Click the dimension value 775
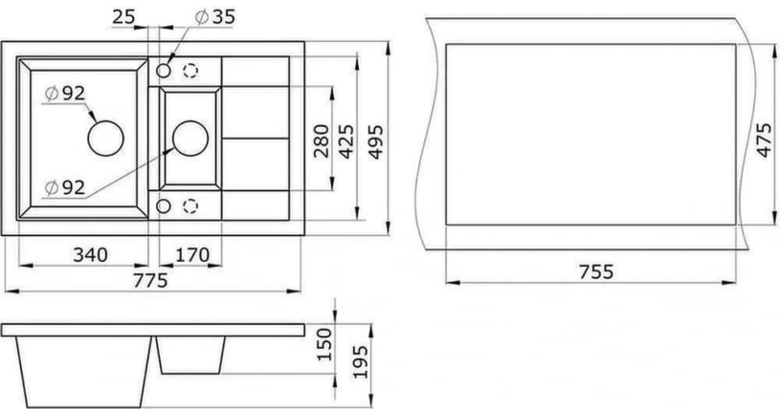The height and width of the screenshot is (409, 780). point(152,280)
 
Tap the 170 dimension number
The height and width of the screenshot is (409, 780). point(191,254)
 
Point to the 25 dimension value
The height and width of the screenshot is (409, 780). point(122,17)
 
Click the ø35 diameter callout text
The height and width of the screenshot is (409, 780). point(215,17)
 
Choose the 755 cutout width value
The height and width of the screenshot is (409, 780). point(595,270)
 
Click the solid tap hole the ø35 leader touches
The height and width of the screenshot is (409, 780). point(164,71)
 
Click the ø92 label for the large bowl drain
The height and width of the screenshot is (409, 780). point(65,93)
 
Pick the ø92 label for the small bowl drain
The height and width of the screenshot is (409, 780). point(65,187)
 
